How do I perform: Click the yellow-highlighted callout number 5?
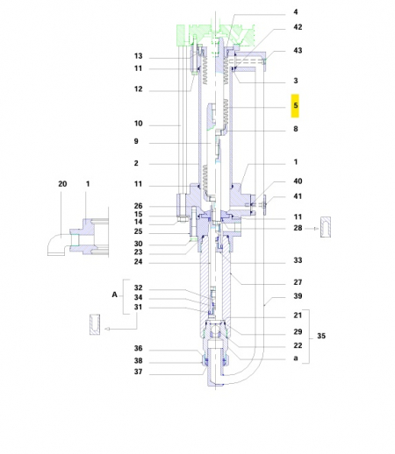coord(296,106)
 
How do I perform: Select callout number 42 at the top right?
coord(298,28)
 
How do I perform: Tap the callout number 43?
coord(298,50)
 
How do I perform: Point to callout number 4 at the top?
coord(296,12)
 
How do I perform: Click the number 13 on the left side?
coord(138,57)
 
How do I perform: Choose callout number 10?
coord(138,124)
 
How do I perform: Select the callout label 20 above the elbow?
coord(61,185)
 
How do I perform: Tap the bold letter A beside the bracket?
coord(114,295)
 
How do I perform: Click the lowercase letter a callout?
coord(296,358)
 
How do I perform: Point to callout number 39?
coord(298,296)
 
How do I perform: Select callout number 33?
coord(298,261)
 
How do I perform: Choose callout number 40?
coord(298,181)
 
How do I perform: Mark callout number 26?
coord(138,206)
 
